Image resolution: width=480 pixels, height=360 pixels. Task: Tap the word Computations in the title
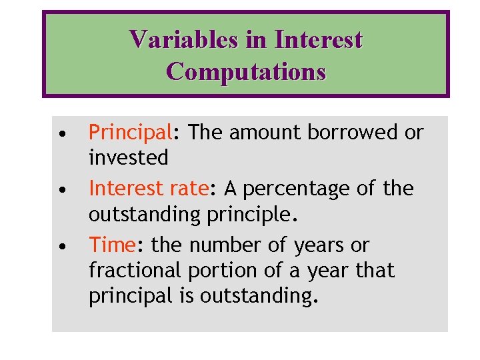246,71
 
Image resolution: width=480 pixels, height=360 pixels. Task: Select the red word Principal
130,133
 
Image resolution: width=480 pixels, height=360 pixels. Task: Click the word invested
129,158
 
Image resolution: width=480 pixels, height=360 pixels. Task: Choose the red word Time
111,245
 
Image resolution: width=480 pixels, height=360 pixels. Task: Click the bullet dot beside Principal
61,134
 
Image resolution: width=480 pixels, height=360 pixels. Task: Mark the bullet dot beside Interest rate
61,190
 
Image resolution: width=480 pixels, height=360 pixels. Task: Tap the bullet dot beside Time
61,247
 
